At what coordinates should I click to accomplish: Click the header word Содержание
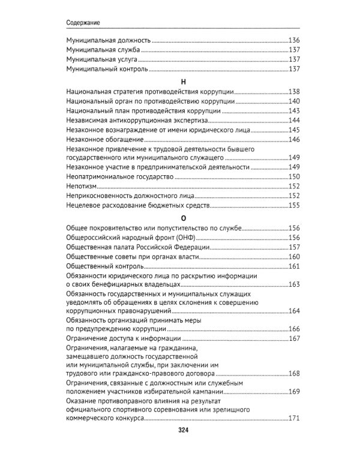tap(82, 23)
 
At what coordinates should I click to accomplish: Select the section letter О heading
tap(181, 218)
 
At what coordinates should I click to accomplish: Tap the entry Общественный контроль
tap(103, 266)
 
